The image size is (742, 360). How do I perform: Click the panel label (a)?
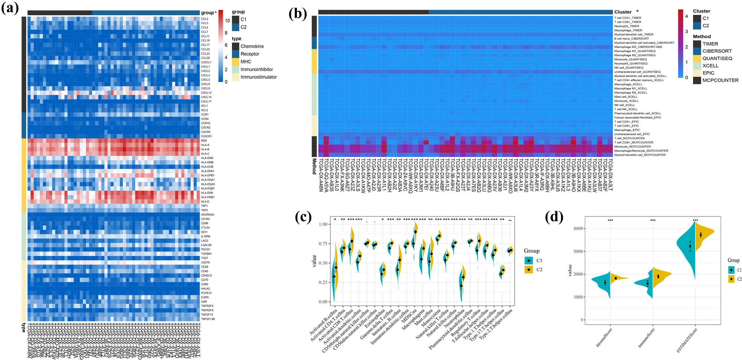(x=10, y=8)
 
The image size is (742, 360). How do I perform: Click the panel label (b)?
(x=298, y=14)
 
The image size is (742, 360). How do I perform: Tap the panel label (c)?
(x=303, y=216)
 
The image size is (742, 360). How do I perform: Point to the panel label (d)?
(x=554, y=216)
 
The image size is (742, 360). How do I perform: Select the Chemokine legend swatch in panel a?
(x=236, y=46)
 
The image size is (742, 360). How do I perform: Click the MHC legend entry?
(x=246, y=62)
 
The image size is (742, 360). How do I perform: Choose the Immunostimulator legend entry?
(x=258, y=77)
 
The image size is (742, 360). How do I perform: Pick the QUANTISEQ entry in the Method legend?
(x=717, y=58)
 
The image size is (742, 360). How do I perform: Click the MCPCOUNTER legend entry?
(x=720, y=80)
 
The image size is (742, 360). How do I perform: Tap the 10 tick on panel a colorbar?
(x=227, y=21)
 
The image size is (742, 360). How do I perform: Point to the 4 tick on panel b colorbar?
(x=686, y=16)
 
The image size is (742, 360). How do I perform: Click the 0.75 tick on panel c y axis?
(x=323, y=243)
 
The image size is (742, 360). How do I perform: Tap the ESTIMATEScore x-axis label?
(x=687, y=339)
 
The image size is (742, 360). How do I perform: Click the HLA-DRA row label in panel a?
(x=207, y=193)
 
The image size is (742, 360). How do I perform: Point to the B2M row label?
(x=204, y=141)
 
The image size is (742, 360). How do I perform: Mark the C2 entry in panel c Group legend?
(x=539, y=269)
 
